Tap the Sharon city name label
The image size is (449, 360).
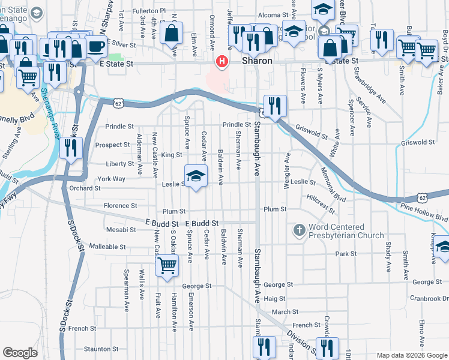point(257,61)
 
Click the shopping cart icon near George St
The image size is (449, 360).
point(167,265)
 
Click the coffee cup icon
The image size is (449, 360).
point(96,46)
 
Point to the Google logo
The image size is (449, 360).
point(20,353)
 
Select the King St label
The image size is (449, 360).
point(171,155)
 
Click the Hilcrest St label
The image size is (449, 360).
point(319,204)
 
